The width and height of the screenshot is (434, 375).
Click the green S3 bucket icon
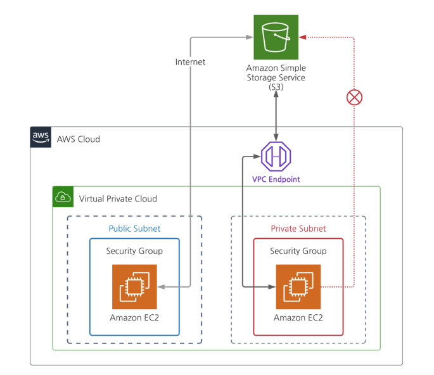coord(276,37)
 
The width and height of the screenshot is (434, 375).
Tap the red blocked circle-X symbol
coord(354,98)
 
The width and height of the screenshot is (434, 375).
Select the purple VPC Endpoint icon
coord(276,156)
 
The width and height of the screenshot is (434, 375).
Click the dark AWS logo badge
coord(41,137)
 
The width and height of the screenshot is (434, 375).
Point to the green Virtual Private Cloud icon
coord(63,197)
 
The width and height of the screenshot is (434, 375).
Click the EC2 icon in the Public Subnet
coord(134,287)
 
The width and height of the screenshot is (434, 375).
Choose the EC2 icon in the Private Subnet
coord(298,287)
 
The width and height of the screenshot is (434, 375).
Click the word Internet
coord(191,62)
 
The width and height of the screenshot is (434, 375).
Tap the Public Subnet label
coord(134,229)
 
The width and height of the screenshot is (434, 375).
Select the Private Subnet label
coord(298,229)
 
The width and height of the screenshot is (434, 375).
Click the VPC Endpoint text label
coord(276,179)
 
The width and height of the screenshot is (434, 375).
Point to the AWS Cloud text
coord(79,139)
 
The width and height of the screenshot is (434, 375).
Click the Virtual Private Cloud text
coord(118,199)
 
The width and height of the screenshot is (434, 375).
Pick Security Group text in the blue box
coord(134,251)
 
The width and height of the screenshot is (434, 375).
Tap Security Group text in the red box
coord(298,251)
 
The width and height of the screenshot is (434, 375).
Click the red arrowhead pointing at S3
coord(302,37)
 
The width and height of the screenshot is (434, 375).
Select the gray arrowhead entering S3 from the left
coord(250,37)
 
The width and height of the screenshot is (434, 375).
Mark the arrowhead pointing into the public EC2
coord(161,287)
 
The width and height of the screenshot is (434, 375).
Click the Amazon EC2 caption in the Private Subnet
coord(298,318)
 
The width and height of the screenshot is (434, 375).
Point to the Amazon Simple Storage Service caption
coord(276,77)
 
